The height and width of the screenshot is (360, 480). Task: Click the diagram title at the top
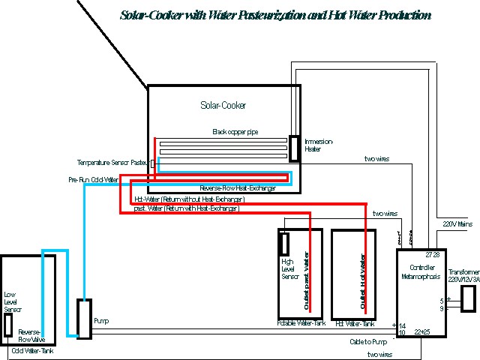[x=274, y=15]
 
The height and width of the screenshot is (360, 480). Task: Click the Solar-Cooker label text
[x=223, y=106]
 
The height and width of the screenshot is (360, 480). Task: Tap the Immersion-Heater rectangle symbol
[x=295, y=147]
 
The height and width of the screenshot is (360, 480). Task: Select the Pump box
[x=85, y=319]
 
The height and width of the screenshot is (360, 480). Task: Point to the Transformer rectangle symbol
[x=468, y=298]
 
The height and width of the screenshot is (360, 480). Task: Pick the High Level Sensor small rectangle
[x=285, y=244]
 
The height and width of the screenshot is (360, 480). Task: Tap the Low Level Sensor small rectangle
[x=7, y=325]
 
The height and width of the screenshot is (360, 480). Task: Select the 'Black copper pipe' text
[x=235, y=131]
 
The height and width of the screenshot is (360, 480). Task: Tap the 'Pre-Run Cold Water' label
[x=93, y=180]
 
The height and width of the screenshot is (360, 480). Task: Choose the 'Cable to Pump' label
[x=367, y=342]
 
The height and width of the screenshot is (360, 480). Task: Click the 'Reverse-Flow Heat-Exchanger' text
[x=238, y=187]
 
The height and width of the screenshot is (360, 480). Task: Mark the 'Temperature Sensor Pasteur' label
[x=112, y=162]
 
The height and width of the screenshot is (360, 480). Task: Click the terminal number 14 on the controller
[x=402, y=325]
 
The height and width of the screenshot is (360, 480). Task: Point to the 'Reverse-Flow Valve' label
[x=30, y=335]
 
